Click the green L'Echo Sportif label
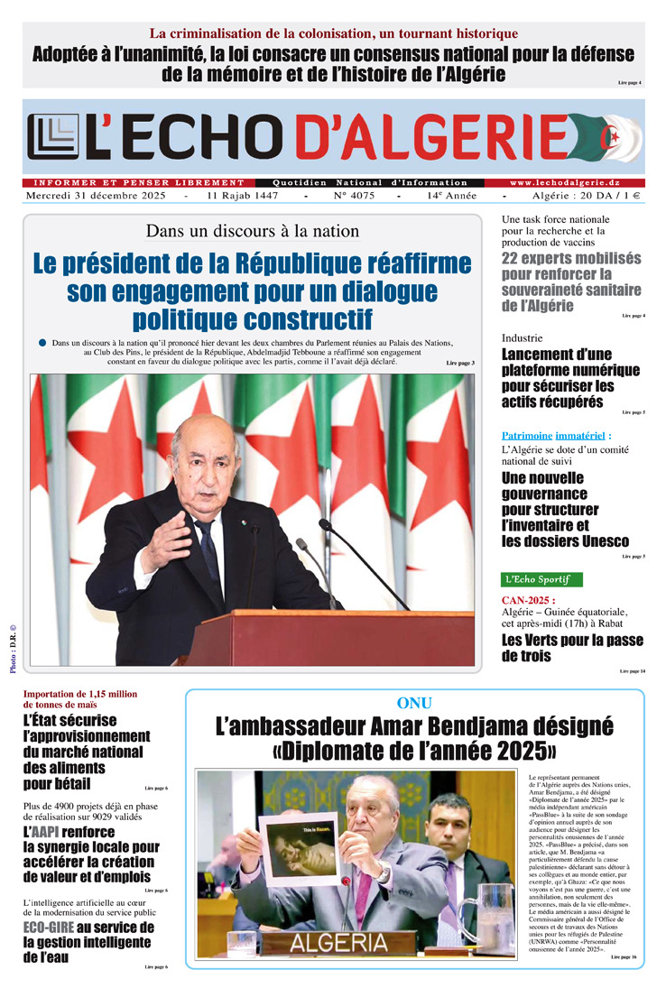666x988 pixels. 541,578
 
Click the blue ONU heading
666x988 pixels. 414,703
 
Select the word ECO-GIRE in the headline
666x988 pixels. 49,928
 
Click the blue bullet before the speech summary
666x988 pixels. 42,343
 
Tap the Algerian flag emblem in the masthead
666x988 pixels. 618,140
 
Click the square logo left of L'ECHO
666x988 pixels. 52,137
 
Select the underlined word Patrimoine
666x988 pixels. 528,435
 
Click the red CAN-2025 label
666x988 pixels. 528,600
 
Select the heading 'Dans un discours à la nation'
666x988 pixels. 252,231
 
